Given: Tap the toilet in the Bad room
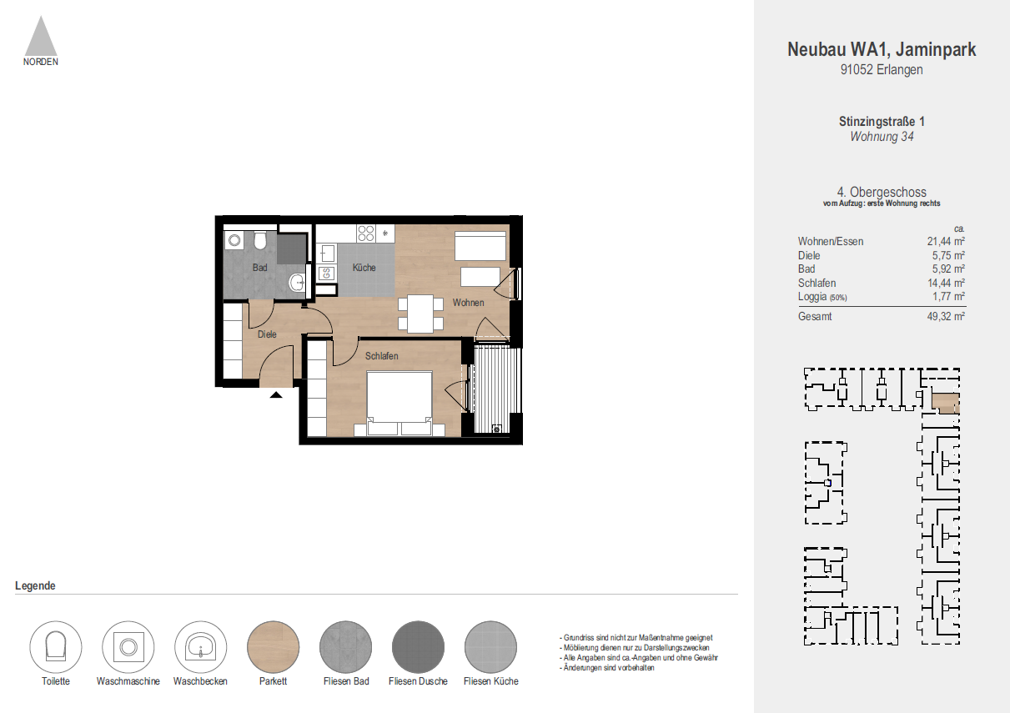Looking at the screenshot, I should click(x=260, y=241).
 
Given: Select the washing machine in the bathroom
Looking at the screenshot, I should click(x=234, y=241).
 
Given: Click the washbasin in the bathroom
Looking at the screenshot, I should click(x=297, y=284).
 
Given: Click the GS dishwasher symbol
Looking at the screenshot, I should click(x=327, y=273).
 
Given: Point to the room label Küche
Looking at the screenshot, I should click(x=364, y=268).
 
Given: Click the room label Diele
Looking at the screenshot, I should click(x=267, y=334).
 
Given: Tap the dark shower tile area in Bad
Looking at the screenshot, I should click(x=291, y=249).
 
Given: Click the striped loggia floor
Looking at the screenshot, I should click(x=495, y=388).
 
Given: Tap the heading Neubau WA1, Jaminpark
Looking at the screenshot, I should click(x=882, y=50).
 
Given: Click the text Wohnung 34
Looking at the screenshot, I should click(x=882, y=137).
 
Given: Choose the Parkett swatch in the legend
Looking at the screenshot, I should click(x=273, y=647).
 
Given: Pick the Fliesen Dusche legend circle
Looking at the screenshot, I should click(x=418, y=647).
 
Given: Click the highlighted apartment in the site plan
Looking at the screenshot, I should click(x=945, y=404).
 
